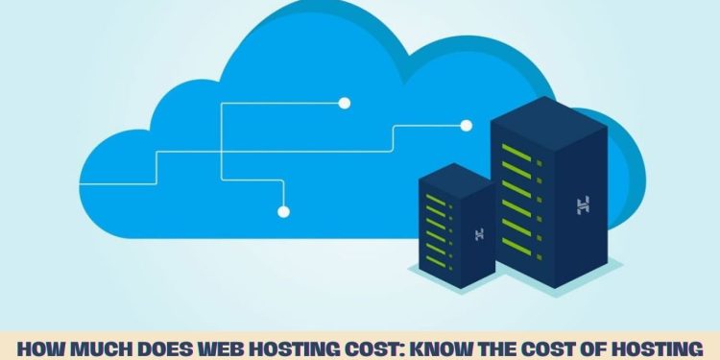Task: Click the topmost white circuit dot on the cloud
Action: (x=345, y=103)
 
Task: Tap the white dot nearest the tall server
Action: (x=467, y=125)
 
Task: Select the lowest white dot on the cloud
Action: (x=282, y=211)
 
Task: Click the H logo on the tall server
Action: (x=582, y=204)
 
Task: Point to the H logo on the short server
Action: (x=478, y=233)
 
